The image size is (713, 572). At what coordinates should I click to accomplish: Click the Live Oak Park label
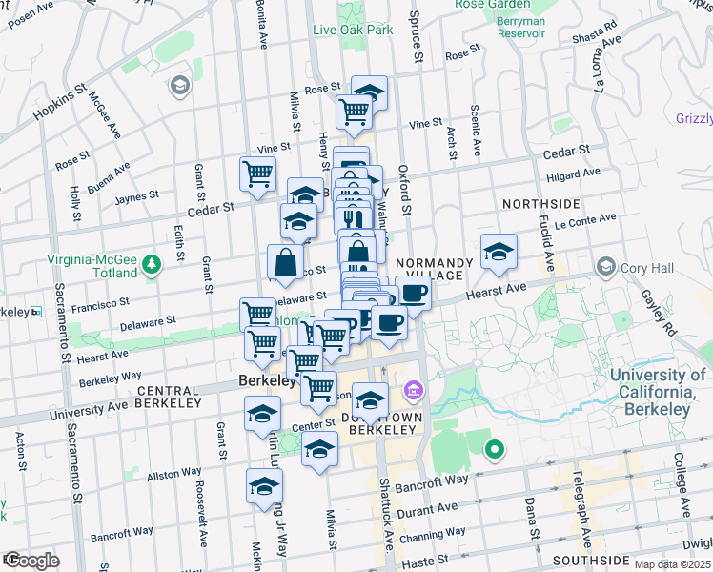353,30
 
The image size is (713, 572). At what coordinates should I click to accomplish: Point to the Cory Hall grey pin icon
604,267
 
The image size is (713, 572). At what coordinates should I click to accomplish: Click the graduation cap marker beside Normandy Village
499,253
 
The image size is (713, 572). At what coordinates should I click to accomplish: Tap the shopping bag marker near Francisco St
286,261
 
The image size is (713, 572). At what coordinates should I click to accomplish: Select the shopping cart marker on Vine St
258,174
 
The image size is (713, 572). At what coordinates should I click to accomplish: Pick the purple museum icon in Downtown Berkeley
413,390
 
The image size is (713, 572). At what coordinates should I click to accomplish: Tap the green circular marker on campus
494,449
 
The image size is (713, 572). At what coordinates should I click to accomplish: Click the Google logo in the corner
31,561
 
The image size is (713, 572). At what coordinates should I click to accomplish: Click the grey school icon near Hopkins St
178,88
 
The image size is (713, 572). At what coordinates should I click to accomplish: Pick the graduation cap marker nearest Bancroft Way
265,486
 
